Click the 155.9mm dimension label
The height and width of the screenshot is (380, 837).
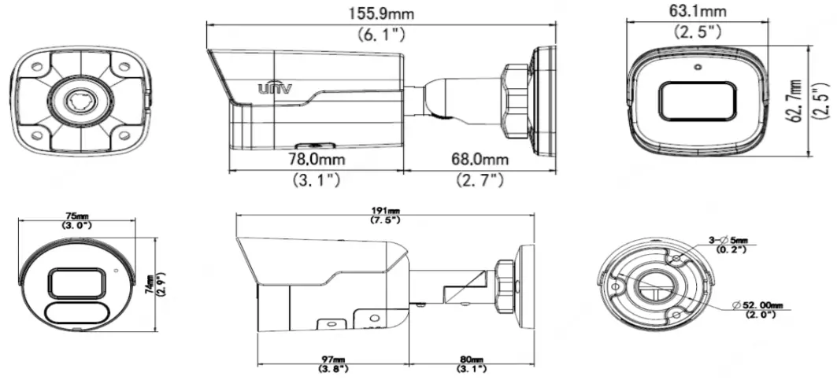pos(382,13)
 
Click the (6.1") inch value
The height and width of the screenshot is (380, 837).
pos(382,34)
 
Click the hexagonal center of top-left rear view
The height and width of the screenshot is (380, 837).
pos(80,100)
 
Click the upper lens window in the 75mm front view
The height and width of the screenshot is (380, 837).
pos(78,282)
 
